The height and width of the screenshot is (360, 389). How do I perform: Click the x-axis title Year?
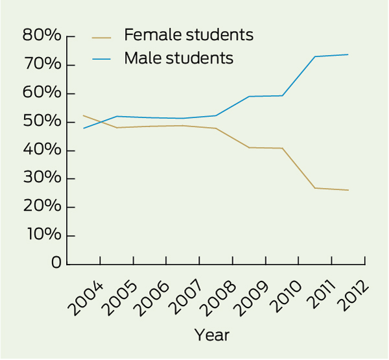212,335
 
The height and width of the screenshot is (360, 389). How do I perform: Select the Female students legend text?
188,34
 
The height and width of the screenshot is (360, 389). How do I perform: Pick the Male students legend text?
178,58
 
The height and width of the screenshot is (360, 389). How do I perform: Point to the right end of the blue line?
348,54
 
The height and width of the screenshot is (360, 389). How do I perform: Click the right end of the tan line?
348,190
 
